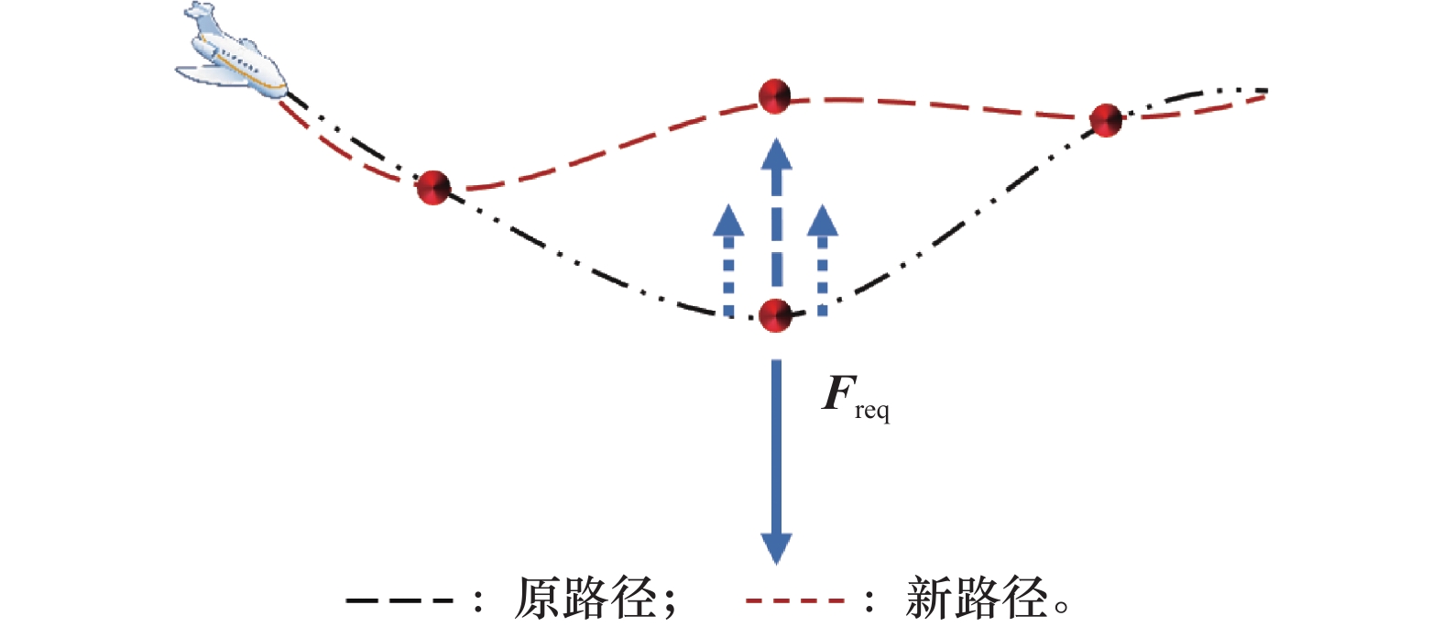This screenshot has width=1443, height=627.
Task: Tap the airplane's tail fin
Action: point(202,16)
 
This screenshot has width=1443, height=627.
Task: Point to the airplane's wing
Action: point(206,74)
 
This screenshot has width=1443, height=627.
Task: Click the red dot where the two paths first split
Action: point(433,187)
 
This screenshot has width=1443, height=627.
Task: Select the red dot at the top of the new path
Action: point(775,95)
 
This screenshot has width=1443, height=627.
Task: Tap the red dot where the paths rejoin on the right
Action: point(1106,120)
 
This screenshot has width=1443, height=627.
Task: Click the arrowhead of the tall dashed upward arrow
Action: point(777,154)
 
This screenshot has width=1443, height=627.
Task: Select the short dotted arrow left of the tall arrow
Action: point(729,260)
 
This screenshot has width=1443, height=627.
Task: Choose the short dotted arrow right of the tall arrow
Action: point(823,260)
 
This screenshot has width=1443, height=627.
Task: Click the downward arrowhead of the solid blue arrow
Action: point(777,547)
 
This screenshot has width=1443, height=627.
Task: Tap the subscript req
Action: point(872,412)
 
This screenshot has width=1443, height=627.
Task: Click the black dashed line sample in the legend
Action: point(400,601)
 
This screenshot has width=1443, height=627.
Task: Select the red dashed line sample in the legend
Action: point(795,601)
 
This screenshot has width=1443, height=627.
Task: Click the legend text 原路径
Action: point(585,599)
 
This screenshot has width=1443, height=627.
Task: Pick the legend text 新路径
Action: point(976,599)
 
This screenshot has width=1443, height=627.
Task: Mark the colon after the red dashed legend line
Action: point(869,601)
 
